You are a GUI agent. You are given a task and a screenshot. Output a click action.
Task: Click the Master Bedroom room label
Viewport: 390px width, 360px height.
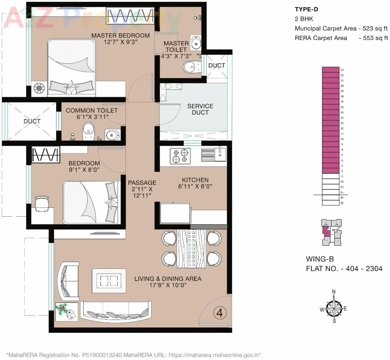point(120,35)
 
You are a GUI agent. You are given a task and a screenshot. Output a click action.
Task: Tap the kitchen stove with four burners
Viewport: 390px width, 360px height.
point(180,156)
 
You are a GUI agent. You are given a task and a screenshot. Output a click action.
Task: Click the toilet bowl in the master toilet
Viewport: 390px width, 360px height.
point(192,66)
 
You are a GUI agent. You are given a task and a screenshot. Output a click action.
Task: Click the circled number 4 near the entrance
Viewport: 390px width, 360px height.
point(220,313)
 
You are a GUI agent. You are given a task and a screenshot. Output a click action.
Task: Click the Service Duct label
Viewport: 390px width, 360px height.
point(200,109)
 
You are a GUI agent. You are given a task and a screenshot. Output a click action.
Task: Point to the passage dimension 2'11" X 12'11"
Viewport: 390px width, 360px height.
point(142,192)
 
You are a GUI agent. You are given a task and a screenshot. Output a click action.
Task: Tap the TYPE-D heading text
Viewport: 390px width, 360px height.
point(306,9)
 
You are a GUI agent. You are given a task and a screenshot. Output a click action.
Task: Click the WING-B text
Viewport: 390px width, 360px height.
point(320,259)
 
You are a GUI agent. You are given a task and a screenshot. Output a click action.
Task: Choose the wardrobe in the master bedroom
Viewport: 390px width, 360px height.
point(131,16)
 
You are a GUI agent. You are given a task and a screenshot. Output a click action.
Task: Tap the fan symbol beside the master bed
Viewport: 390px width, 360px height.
point(39,88)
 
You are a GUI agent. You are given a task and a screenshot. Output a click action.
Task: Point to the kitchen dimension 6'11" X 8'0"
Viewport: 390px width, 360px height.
point(193,186)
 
